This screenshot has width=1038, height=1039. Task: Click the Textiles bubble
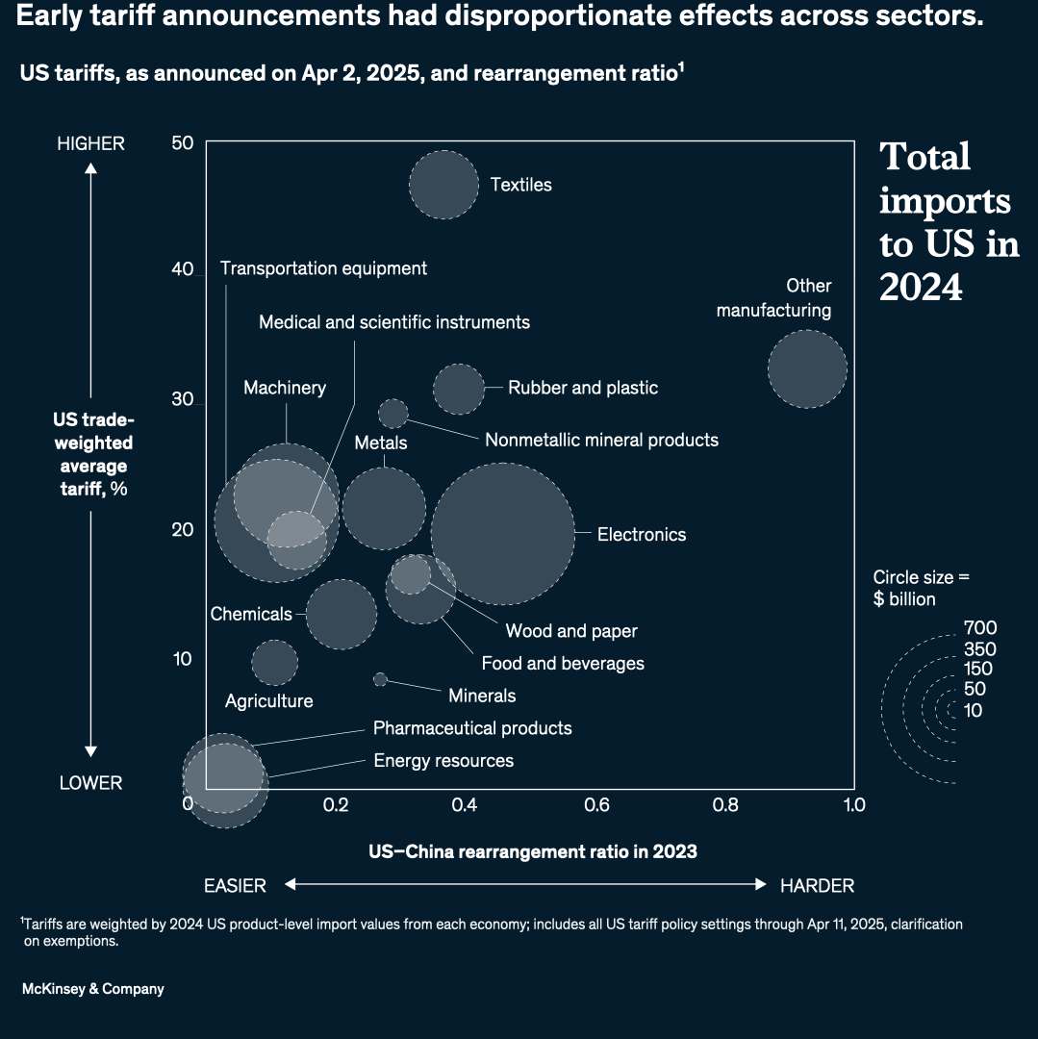(443, 185)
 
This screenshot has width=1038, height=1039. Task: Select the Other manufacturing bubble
(807, 369)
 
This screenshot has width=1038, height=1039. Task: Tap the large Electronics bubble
(502, 533)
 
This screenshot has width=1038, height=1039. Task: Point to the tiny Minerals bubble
(380, 679)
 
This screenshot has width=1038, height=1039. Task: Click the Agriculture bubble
(275, 662)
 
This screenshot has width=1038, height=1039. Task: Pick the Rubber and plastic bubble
(459, 389)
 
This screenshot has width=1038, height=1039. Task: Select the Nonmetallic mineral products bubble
(392, 413)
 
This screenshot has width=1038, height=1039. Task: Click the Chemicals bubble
(342, 614)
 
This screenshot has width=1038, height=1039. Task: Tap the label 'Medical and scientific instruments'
(393, 322)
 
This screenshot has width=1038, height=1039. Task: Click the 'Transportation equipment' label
(323, 268)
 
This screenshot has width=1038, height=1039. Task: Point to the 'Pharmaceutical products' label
(472, 728)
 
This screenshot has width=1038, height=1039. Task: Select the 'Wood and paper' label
(571, 631)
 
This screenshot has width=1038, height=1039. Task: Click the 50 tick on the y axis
(183, 142)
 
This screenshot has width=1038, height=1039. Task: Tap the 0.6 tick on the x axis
(596, 805)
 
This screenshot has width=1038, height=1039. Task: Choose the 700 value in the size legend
(979, 628)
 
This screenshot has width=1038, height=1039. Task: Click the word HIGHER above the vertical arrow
(90, 143)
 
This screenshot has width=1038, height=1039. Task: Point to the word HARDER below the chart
(817, 886)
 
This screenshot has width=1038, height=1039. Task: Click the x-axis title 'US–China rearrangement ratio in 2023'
(532, 851)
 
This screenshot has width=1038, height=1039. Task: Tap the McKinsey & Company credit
(92, 989)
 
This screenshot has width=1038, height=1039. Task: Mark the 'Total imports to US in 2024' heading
(948, 221)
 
